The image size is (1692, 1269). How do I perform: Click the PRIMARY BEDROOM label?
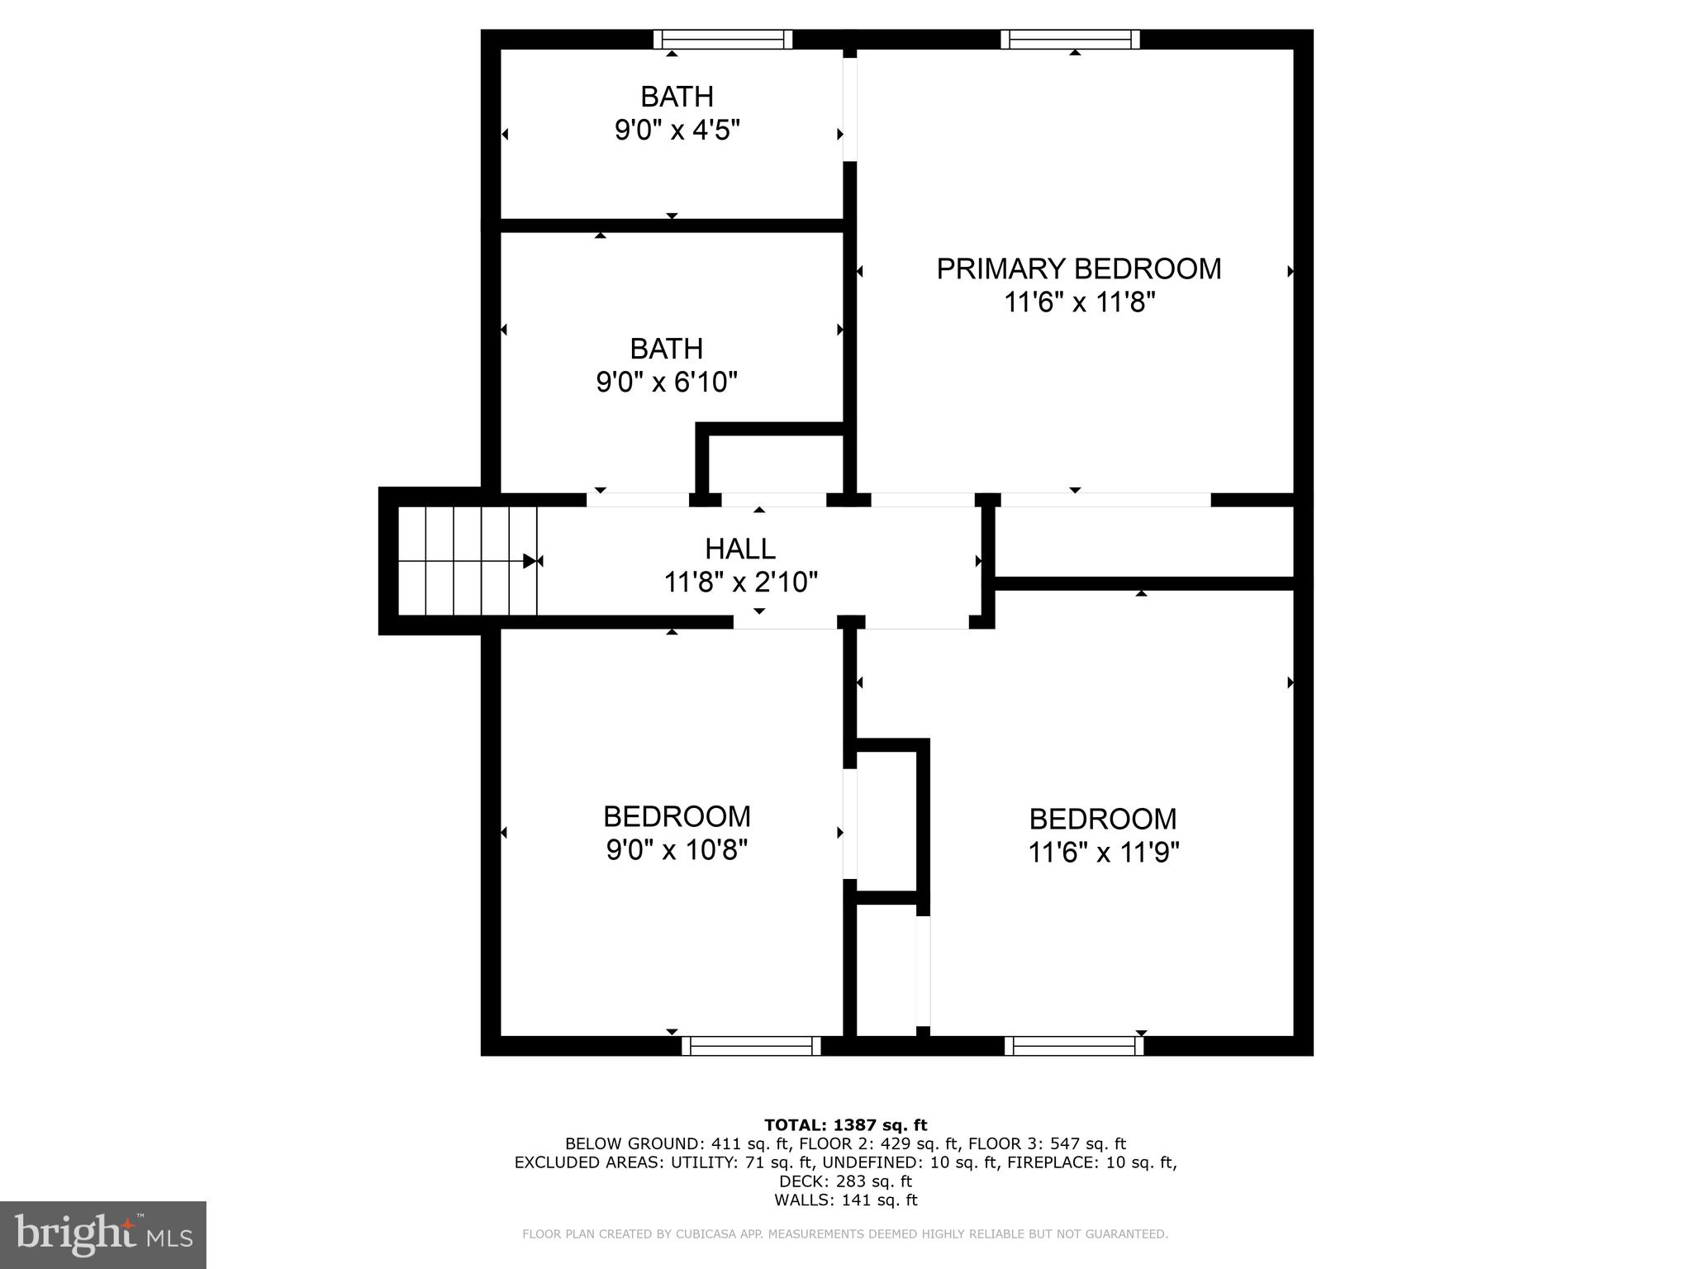click(x=1078, y=269)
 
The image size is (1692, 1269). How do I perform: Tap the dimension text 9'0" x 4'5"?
click(x=677, y=131)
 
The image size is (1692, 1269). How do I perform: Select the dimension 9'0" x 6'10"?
click(x=666, y=383)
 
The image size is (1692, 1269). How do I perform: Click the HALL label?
click(x=739, y=549)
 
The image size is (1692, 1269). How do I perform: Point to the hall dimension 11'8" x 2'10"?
click(x=740, y=583)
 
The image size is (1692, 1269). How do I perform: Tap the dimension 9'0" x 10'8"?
click(x=677, y=850)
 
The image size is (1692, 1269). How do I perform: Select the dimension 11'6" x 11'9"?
click(x=1103, y=853)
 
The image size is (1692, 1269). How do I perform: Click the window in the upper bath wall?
click(x=723, y=40)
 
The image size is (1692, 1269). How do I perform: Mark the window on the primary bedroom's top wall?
click(x=1070, y=40)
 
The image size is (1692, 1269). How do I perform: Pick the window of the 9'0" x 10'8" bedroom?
click(x=751, y=1046)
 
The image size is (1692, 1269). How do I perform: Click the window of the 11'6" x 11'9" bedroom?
click(x=1074, y=1046)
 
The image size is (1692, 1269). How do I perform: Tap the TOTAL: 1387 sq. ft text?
click(x=845, y=1125)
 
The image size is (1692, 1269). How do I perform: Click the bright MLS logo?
click(x=103, y=1234)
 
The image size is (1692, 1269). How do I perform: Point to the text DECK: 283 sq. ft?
click(x=845, y=1181)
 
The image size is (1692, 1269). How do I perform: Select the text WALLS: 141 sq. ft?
click(x=845, y=1200)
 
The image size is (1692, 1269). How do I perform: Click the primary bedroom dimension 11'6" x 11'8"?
click(x=1078, y=303)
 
